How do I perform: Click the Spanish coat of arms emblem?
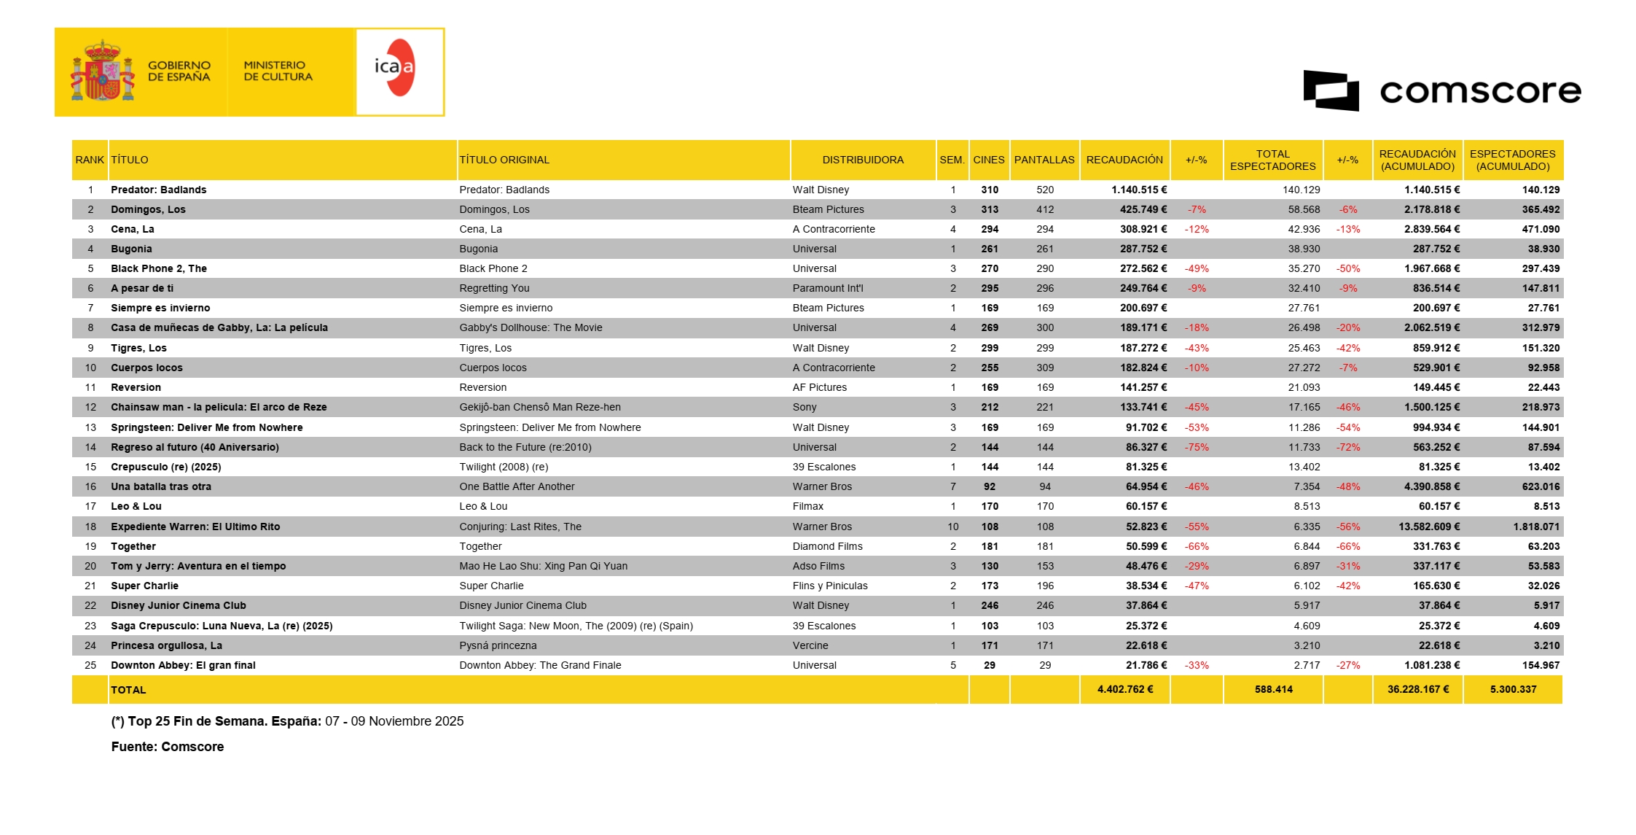[103, 71]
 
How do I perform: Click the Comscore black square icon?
[1331, 90]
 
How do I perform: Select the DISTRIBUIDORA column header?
[862, 160]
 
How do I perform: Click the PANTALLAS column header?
[1044, 160]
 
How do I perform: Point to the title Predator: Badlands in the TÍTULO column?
[158, 190]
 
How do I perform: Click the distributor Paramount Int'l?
[827, 288]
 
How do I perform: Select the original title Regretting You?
[494, 288]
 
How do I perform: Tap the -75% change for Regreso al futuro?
[1197, 447]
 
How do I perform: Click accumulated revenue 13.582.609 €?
[1428, 527]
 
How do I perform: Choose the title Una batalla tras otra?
[160, 486]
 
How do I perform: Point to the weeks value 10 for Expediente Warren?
[952, 527]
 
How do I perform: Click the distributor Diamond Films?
[827, 546]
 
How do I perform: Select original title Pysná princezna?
[498, 645]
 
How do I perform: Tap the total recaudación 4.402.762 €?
[1125, 689]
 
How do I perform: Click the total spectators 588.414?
[1273, 689]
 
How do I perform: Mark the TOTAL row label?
[128, 690]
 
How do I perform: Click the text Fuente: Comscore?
[167, 747]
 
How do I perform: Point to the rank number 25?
[90, 665]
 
